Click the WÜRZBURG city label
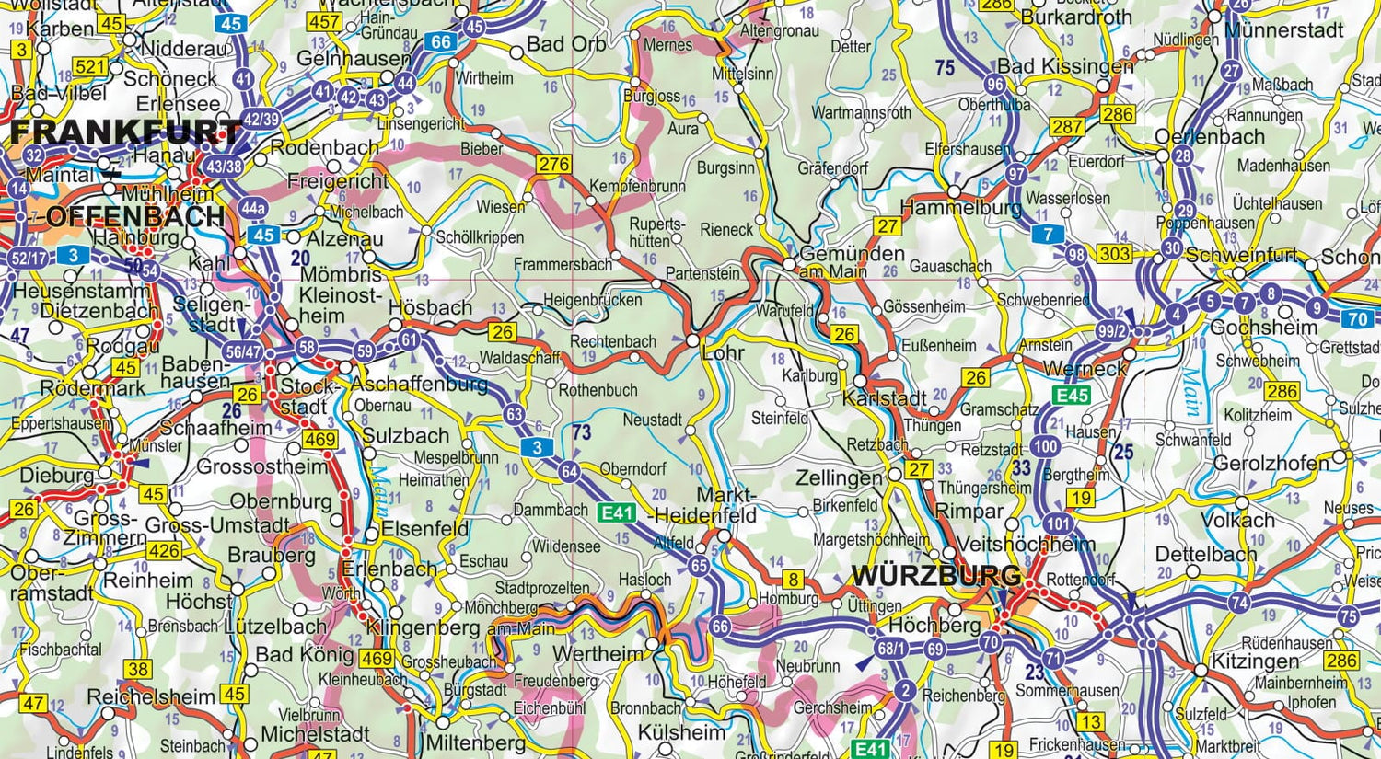click(935, 577)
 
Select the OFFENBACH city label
click(134, 217)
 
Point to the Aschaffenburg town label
click(419, 383)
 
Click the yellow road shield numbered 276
click(554, 165)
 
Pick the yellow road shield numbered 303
click(1115, 254)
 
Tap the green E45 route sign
click(1072, 396)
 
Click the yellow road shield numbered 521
click(90, 66)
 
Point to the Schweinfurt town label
click(1242, 255)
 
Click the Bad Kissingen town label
click(1065, 66)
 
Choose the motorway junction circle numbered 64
click(569, 473)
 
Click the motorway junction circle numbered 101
click(1058, 524)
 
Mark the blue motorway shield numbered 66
click(442, 41)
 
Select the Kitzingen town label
click(1255, 661)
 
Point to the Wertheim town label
click(598, 653)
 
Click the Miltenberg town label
click(475, 742)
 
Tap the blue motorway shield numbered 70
click(1357, 319)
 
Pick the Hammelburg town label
click(960, 209)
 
